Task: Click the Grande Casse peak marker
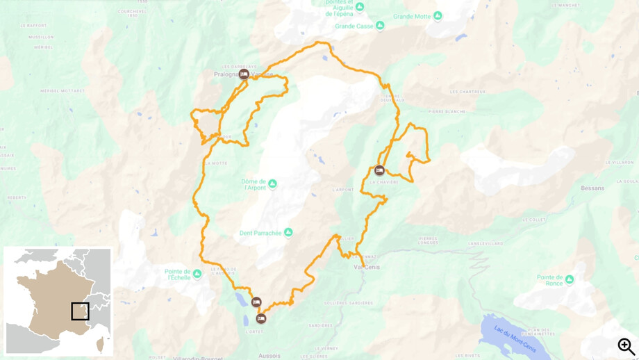(x=380, y=26)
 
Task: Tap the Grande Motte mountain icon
(x=438, y=16)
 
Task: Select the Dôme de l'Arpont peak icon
(x=272, y=183)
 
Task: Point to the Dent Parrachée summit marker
(x=288, y=233)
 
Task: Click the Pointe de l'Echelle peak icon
(x=197, y=274)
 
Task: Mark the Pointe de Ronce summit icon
(x=570, y=279)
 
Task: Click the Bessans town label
(x=592, y=188)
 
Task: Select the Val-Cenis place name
(x=367, y=267)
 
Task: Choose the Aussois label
(x=269, y=356)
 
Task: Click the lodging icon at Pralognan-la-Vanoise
(x=244, y=74)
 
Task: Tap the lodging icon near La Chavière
(x=379, y=170)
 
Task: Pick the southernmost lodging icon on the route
(x=261, y=318)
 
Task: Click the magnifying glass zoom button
(x=626, y=346)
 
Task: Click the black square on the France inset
(x=80, y=311)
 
